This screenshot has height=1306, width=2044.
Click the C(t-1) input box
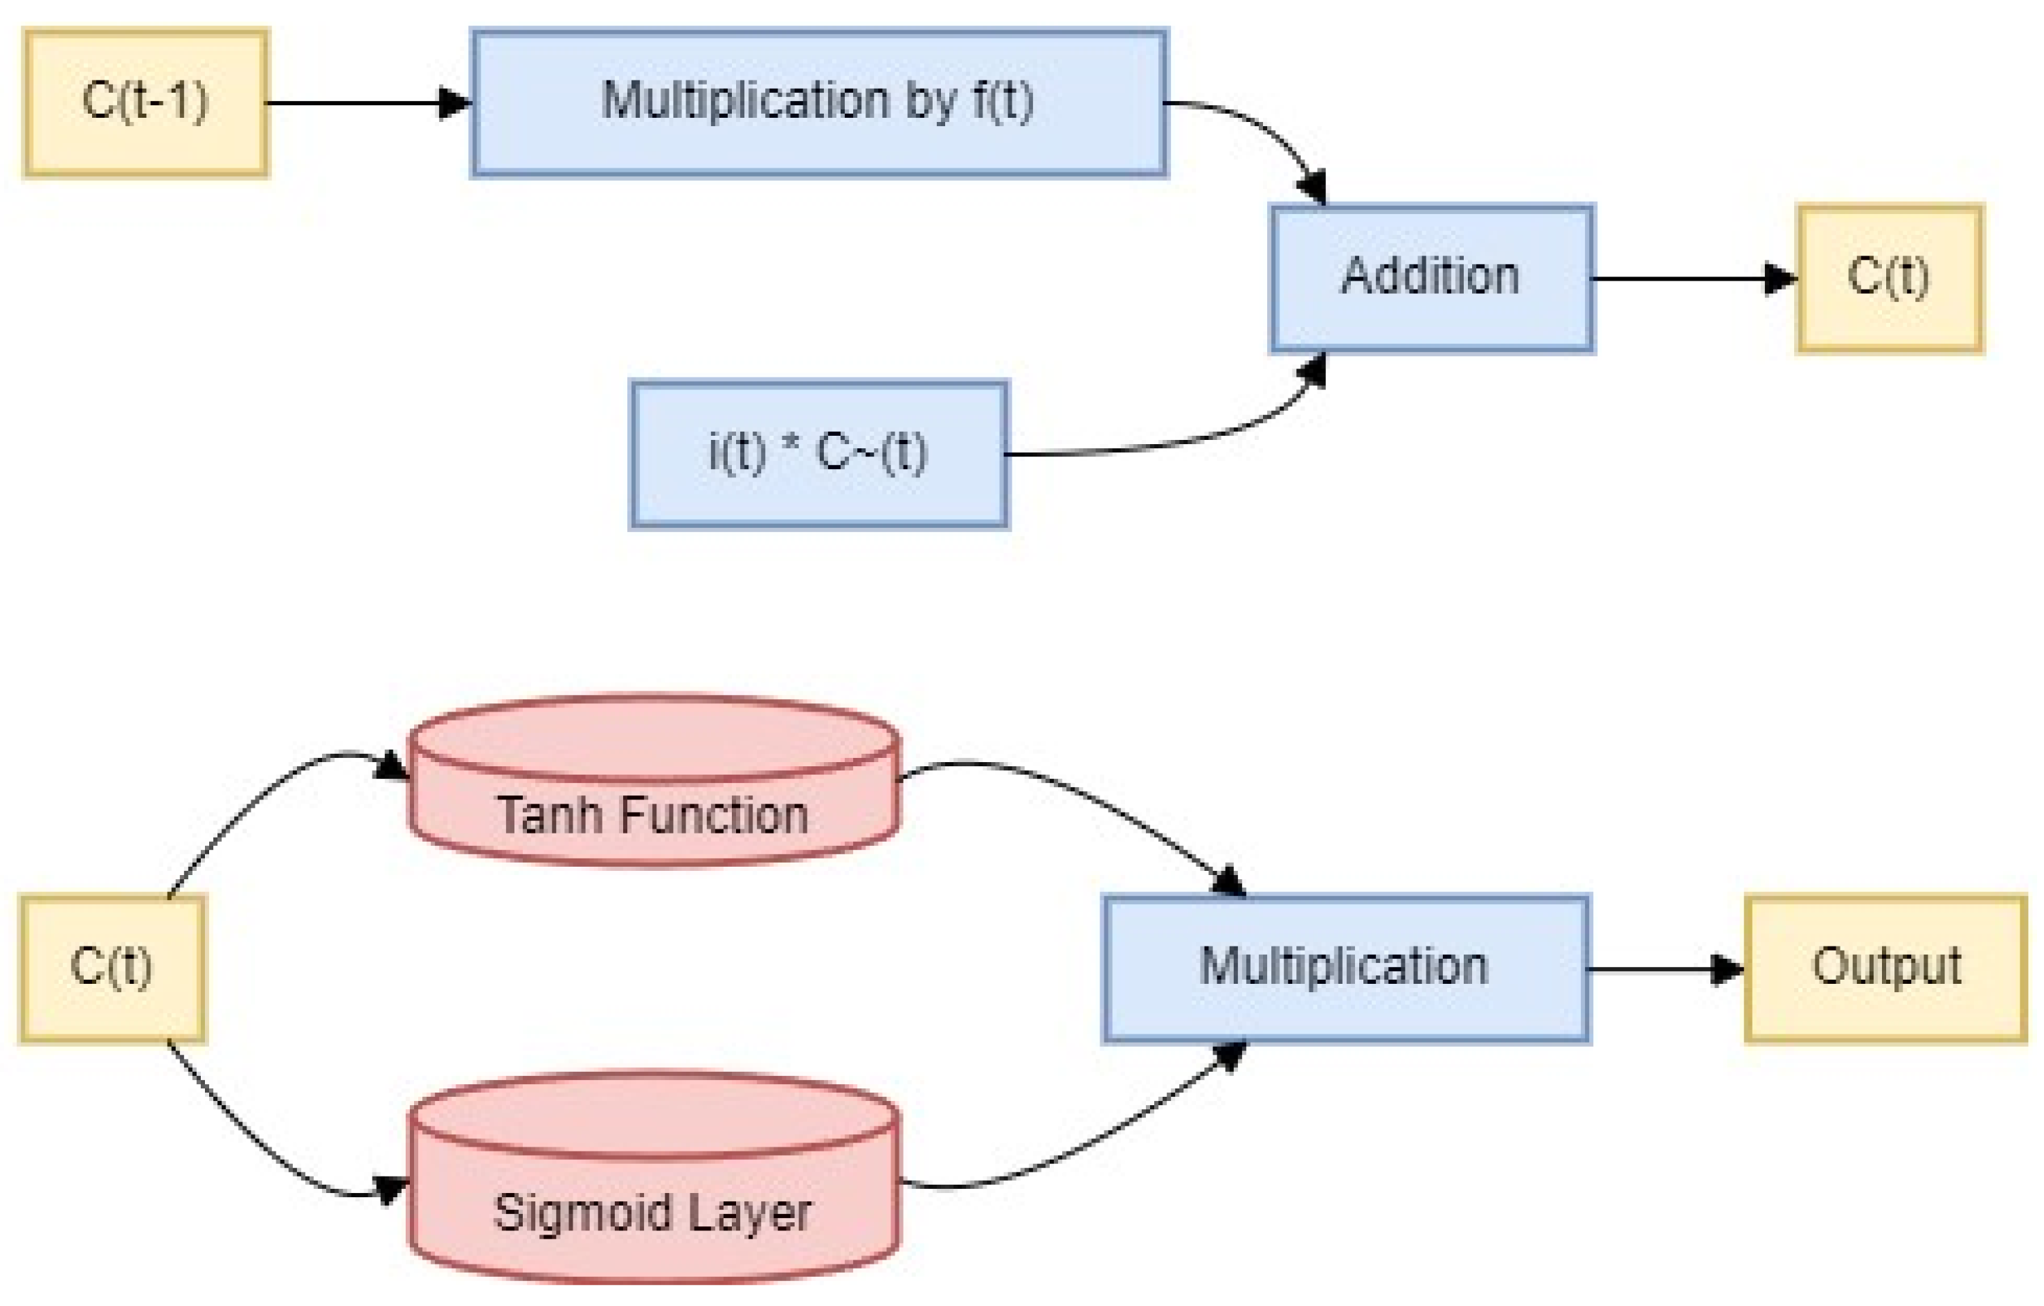[146, 102]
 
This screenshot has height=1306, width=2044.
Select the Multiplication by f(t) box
[818, 102]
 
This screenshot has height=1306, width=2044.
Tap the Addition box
[1431, 278]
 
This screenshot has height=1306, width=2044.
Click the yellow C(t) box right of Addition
[1890, 278]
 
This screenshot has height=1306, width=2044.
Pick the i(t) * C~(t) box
[818, 453]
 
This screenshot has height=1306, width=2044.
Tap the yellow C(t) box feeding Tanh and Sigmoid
[112, 968]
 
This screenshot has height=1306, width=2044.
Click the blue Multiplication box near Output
[1345, 968]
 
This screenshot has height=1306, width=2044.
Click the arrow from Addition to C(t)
[1689, 279]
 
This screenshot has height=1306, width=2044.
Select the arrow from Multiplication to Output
[1660, 969]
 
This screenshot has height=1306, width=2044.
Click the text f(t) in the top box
[1003, 100]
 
